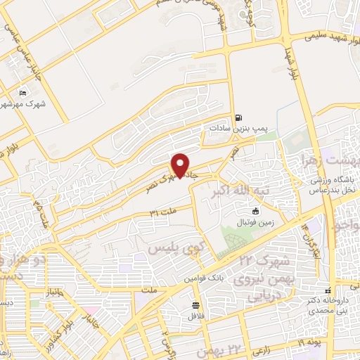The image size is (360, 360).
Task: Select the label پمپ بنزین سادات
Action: (238, 129)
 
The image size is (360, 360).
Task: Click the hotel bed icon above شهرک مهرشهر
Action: (23, 94)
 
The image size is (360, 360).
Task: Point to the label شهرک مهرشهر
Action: (20, 105)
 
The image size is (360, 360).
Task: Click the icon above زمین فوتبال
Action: (255, 211)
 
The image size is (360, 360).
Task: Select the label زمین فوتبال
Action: (254, 222)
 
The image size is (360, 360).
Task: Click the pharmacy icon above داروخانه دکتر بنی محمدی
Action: (327, 290)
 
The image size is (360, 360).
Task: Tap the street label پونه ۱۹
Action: (307, 342)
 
